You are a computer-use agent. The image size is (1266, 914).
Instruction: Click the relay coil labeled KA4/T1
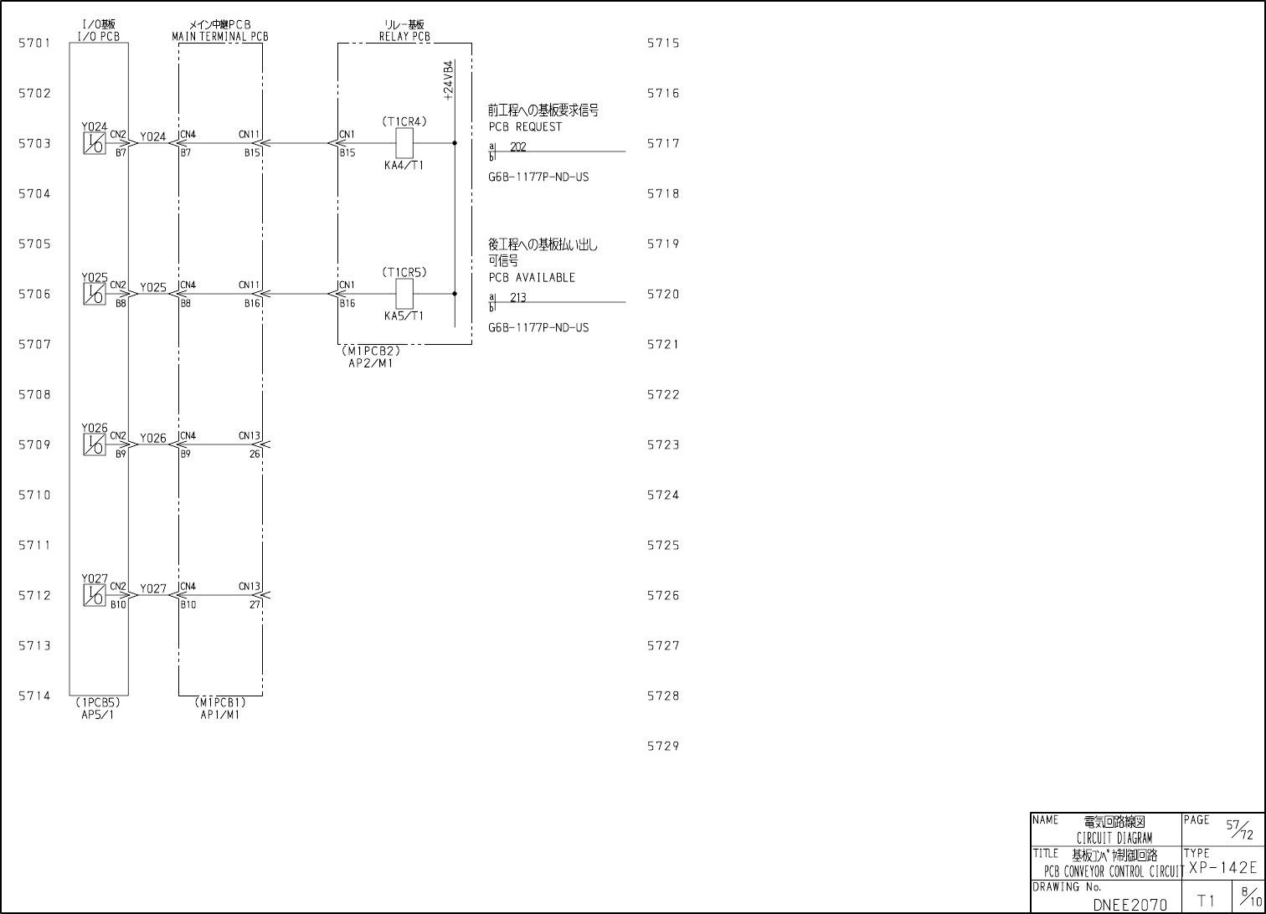(x=404, y=143)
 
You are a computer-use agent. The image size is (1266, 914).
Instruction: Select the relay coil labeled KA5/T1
(x=404, y=294)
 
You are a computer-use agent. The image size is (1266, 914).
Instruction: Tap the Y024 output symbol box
(x=95, y=144)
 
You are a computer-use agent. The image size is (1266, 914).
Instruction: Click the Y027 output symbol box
(x=95, y=596)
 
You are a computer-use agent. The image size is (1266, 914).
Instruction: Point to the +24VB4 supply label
(x=449, y=81)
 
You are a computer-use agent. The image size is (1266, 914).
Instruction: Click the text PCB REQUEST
(x=526, y=127)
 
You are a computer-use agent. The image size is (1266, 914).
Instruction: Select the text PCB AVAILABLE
(x=532, y=278)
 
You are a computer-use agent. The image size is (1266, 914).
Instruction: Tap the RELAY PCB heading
(x=404, y=37)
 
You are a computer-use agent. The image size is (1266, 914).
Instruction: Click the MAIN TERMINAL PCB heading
(x=220, y=37)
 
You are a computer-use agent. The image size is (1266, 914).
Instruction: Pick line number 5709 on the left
(x=35, y=445)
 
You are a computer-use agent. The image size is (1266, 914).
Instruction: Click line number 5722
(x=663, y=395)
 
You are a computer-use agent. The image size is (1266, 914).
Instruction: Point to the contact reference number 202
(x=518, y=147)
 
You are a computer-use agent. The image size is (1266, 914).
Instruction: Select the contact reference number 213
(x=518, y=298)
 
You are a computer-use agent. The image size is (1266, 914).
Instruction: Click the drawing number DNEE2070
(x=1130, y=905)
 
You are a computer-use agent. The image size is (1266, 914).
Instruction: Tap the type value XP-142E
(x=1222, y=868)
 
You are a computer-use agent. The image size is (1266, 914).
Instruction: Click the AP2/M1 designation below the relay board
(x=370, y=363)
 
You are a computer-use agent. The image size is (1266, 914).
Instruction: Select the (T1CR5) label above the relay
(x=404, y=273)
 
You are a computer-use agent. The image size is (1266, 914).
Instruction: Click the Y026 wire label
(x=153, y=439)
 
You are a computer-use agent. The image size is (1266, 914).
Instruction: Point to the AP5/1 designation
(x=98, y=715)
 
